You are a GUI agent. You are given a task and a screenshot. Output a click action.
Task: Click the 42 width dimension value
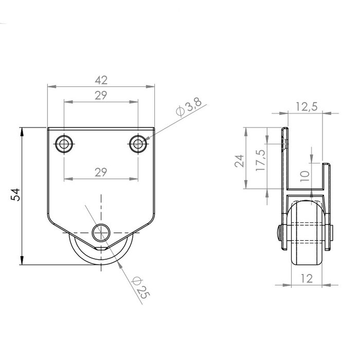tap(101, 80)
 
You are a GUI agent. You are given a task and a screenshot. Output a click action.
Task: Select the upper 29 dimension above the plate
tap(101, 95)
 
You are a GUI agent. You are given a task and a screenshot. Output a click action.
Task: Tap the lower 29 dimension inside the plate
tap(101, 172)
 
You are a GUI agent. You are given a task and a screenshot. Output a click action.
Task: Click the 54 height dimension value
tap(16, 195)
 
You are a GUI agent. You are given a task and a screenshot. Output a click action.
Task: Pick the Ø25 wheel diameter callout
tap(140, 287)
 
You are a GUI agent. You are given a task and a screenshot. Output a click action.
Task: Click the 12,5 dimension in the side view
tap(307, 106)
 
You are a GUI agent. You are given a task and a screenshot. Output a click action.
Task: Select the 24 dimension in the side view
tap(239, 161)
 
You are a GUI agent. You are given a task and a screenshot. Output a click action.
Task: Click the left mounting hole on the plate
tap(64, 145)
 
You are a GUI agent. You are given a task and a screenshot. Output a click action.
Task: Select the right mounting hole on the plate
tap(137, 145)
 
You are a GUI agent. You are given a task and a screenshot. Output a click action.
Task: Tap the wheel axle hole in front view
tap(101, 233)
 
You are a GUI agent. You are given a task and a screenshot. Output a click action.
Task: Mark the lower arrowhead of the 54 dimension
tap(22, 261)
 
